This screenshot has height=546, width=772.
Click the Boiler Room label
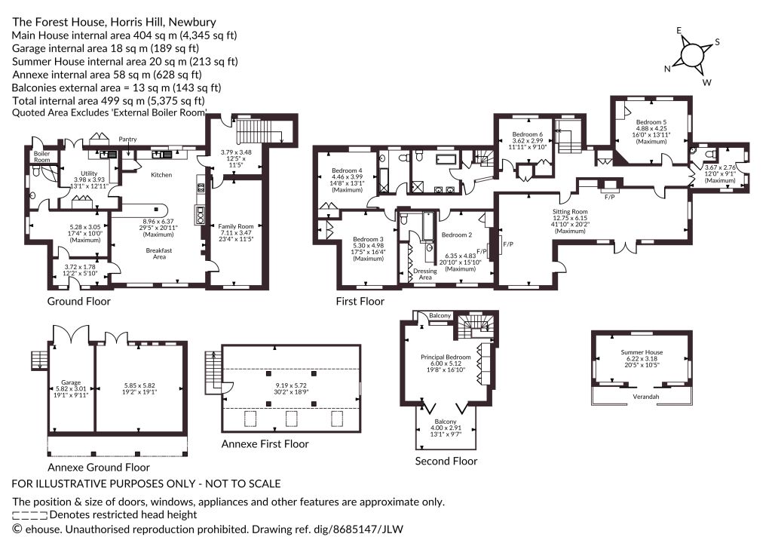coord(42,157)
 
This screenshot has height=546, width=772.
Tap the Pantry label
coord(127,140)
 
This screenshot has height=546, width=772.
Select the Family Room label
coord(236,226)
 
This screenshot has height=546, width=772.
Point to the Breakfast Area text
coord(159,253)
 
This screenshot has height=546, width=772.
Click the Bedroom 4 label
coord(347,171)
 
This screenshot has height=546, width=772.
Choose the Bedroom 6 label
coord(527,134)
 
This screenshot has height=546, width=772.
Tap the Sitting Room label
coord(570,212)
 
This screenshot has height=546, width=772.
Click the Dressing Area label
coord(425,275)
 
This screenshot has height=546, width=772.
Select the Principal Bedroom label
coord(446,357)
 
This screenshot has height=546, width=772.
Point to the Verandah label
coord(645,397)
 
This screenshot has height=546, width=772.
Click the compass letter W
coord(707,82)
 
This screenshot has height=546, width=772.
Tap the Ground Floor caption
coord(78,302)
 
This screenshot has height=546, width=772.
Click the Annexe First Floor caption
coord(265,443)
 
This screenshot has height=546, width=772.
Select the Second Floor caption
coord(446,462)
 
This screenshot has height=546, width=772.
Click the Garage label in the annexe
coord(71,382)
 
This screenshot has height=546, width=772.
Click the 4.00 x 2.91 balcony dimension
coord(446,428)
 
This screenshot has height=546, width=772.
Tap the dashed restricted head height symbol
coord(30,516)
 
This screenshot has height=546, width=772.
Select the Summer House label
coord(642,352)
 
